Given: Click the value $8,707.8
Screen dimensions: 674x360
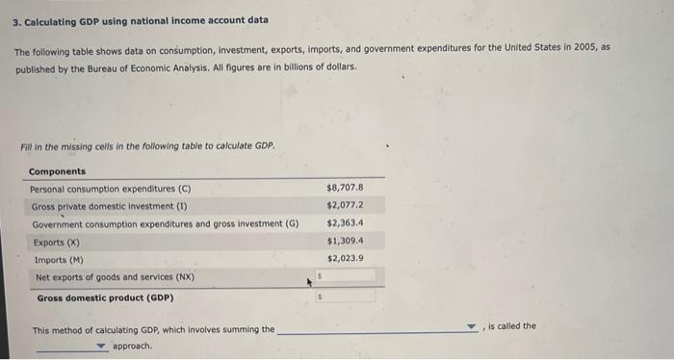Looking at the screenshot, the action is [345, 188].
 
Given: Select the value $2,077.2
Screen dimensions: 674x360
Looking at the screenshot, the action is [345, 205].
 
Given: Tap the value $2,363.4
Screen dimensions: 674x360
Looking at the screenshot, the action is [345, 222].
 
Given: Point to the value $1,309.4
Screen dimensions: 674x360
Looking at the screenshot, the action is [345, 241].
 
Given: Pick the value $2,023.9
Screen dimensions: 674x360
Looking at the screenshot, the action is [345, 258].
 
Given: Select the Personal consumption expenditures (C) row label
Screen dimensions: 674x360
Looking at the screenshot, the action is [111, 189].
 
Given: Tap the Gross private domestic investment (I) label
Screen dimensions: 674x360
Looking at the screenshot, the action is [110, 206].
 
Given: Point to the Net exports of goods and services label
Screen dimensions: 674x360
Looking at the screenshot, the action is [115, 277].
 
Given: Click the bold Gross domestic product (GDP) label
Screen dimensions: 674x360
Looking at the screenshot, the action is [105, 297].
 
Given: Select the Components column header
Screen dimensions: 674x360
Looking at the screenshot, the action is [57, 170].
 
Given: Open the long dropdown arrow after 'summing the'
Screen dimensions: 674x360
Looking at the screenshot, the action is [470, 328].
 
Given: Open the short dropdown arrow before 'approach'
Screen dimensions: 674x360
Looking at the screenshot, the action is [100, 345].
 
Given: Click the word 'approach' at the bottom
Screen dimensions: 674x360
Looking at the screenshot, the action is [132, 346].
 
